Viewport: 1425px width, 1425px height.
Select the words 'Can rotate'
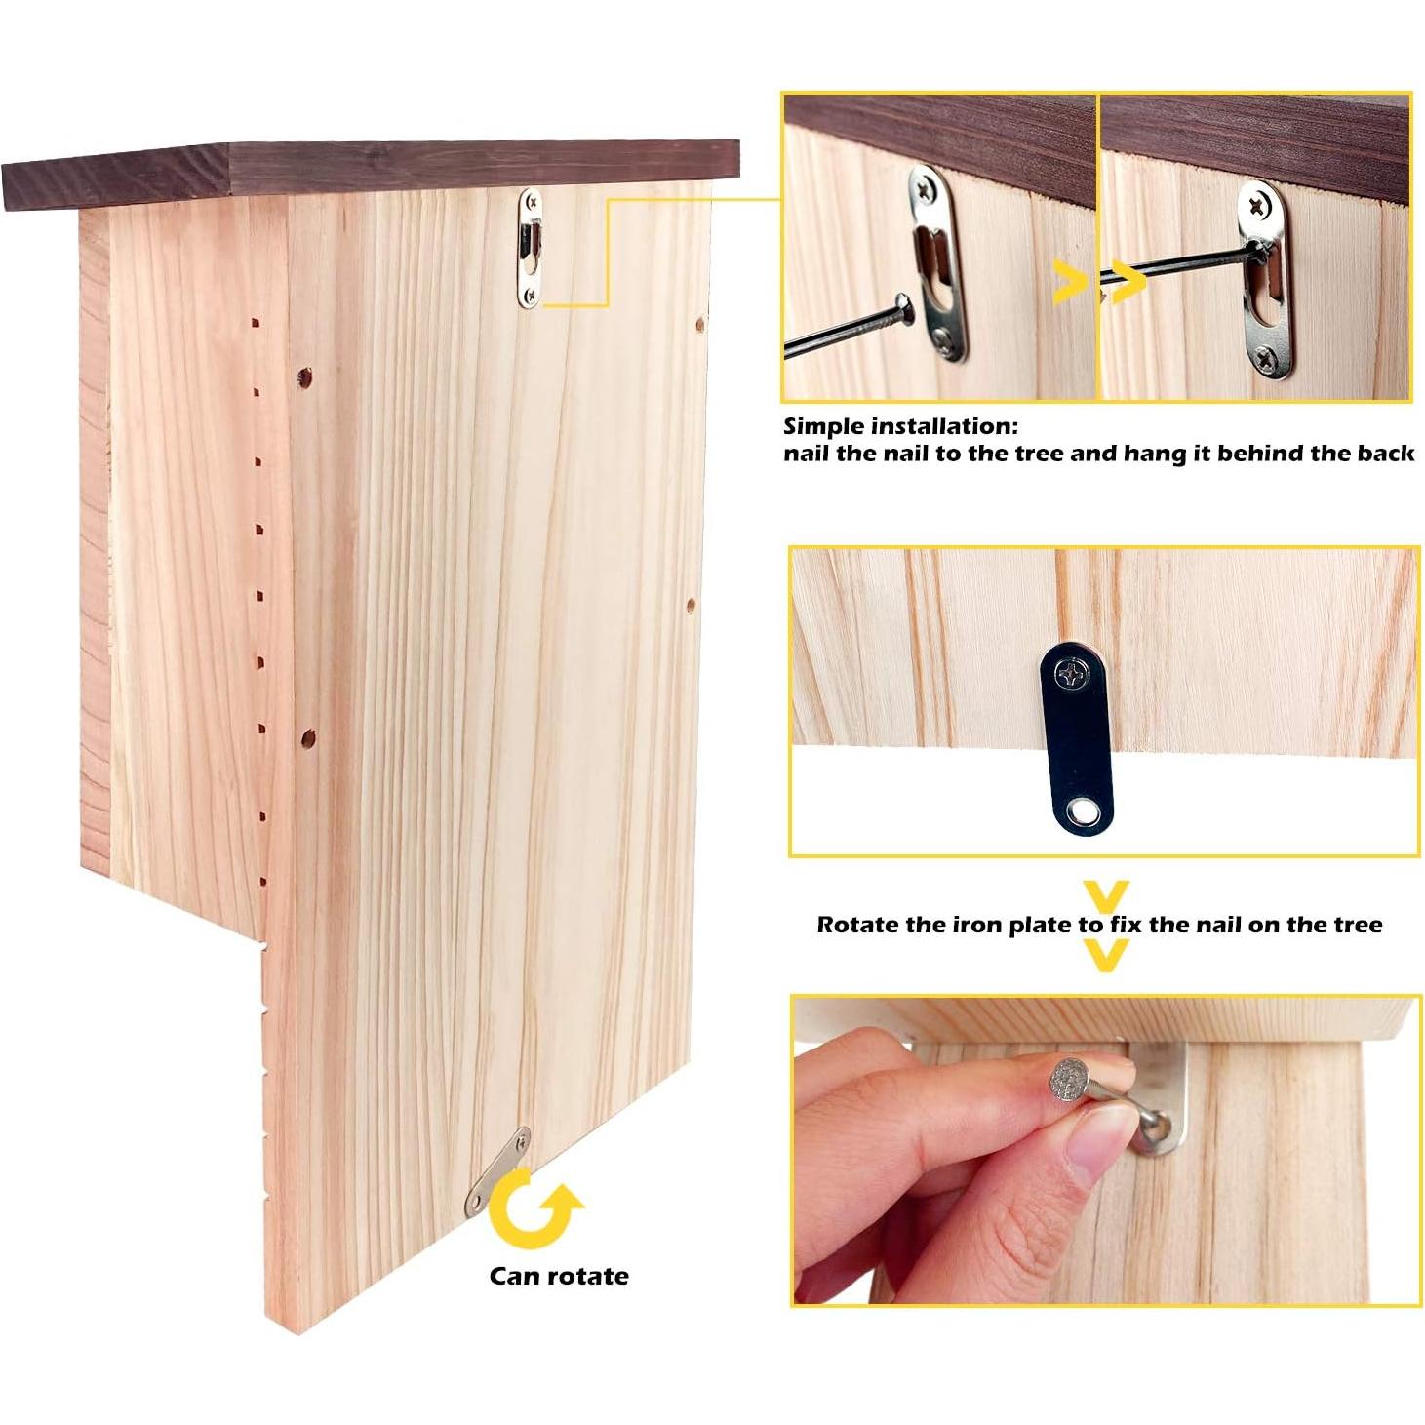tap(558, 1276)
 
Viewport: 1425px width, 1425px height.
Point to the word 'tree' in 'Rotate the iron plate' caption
tap(1350, 925)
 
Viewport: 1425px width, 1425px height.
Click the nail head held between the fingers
tap(1070, 1080)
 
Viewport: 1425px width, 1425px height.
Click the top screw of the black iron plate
tap(1073, 673)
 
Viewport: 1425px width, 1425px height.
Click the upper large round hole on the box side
tap(305, 376)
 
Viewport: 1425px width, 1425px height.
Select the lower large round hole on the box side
tap(307, 738)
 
